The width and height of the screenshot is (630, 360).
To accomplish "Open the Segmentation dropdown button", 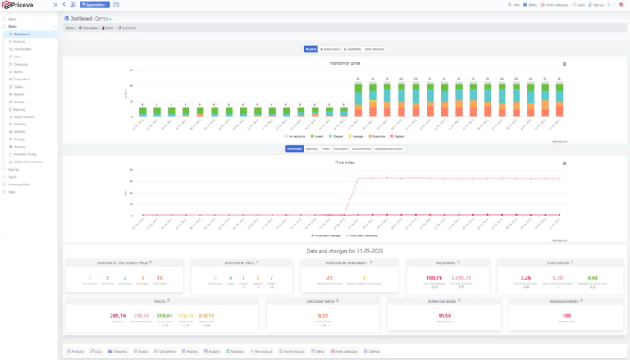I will tap(94, 5).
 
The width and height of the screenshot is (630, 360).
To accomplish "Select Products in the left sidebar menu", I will tap(19, 41).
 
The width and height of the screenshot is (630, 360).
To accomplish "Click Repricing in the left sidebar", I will tap(20, 109).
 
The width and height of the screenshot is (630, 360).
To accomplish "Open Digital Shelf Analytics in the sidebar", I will tap(28, 162).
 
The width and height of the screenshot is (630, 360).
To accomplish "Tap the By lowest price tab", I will tap(329, 49).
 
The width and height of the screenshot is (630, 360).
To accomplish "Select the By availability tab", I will tap(351, 49).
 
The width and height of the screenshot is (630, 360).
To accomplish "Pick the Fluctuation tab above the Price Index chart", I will tap(340, 149).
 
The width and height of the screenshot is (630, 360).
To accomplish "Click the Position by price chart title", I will tap(345, 63).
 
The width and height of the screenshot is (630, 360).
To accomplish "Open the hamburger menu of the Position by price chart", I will tap(564, 63).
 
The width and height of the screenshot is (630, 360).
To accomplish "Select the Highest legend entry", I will tap(399, 136).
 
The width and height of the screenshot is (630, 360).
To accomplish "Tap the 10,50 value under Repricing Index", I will tap(445, 315).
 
